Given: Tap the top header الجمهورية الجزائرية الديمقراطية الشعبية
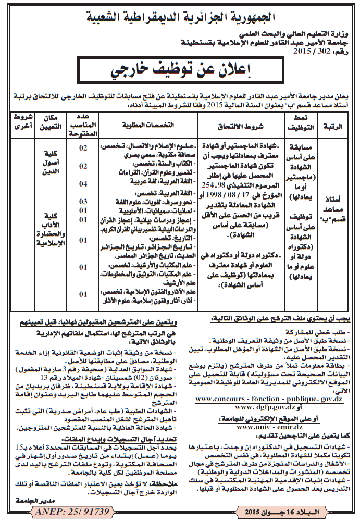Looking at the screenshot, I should tap(180, 17).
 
